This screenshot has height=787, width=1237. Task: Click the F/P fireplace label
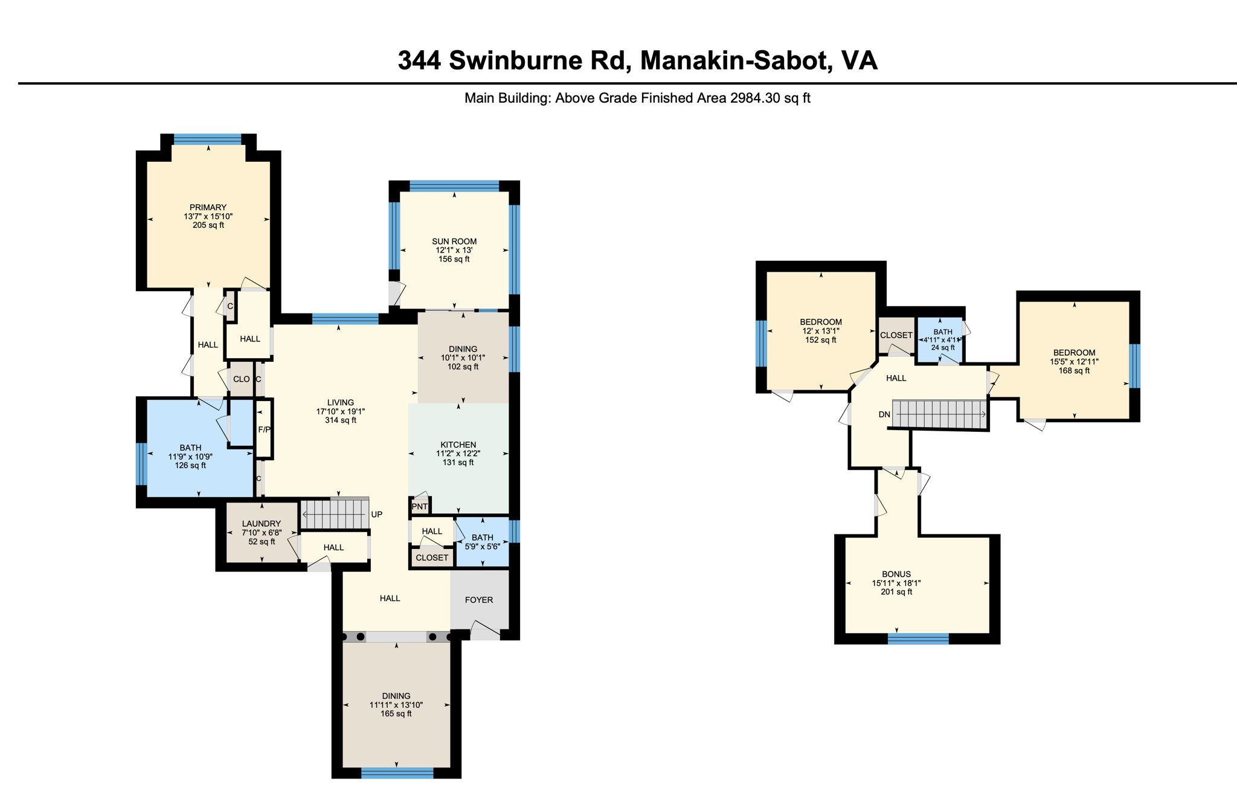264,430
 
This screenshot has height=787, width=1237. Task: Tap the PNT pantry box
419,506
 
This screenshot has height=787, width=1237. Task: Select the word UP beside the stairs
376,515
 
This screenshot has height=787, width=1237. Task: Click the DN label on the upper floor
884,414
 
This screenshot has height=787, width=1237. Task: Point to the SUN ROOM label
454,241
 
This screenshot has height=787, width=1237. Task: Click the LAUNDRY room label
262,524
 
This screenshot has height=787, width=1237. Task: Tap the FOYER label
479,600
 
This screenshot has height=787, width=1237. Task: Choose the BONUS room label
896,574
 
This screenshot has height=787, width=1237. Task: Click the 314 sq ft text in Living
341,420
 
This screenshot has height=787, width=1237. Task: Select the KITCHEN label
458,445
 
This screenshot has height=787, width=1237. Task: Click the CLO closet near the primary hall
242,379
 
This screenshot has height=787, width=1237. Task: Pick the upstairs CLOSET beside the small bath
896,335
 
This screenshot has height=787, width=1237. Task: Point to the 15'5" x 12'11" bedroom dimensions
1074,362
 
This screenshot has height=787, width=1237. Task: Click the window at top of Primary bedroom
207,139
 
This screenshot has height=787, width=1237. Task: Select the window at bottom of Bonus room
918,638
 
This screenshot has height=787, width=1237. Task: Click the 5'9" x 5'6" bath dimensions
482,547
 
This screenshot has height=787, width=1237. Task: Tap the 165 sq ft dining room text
396,714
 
